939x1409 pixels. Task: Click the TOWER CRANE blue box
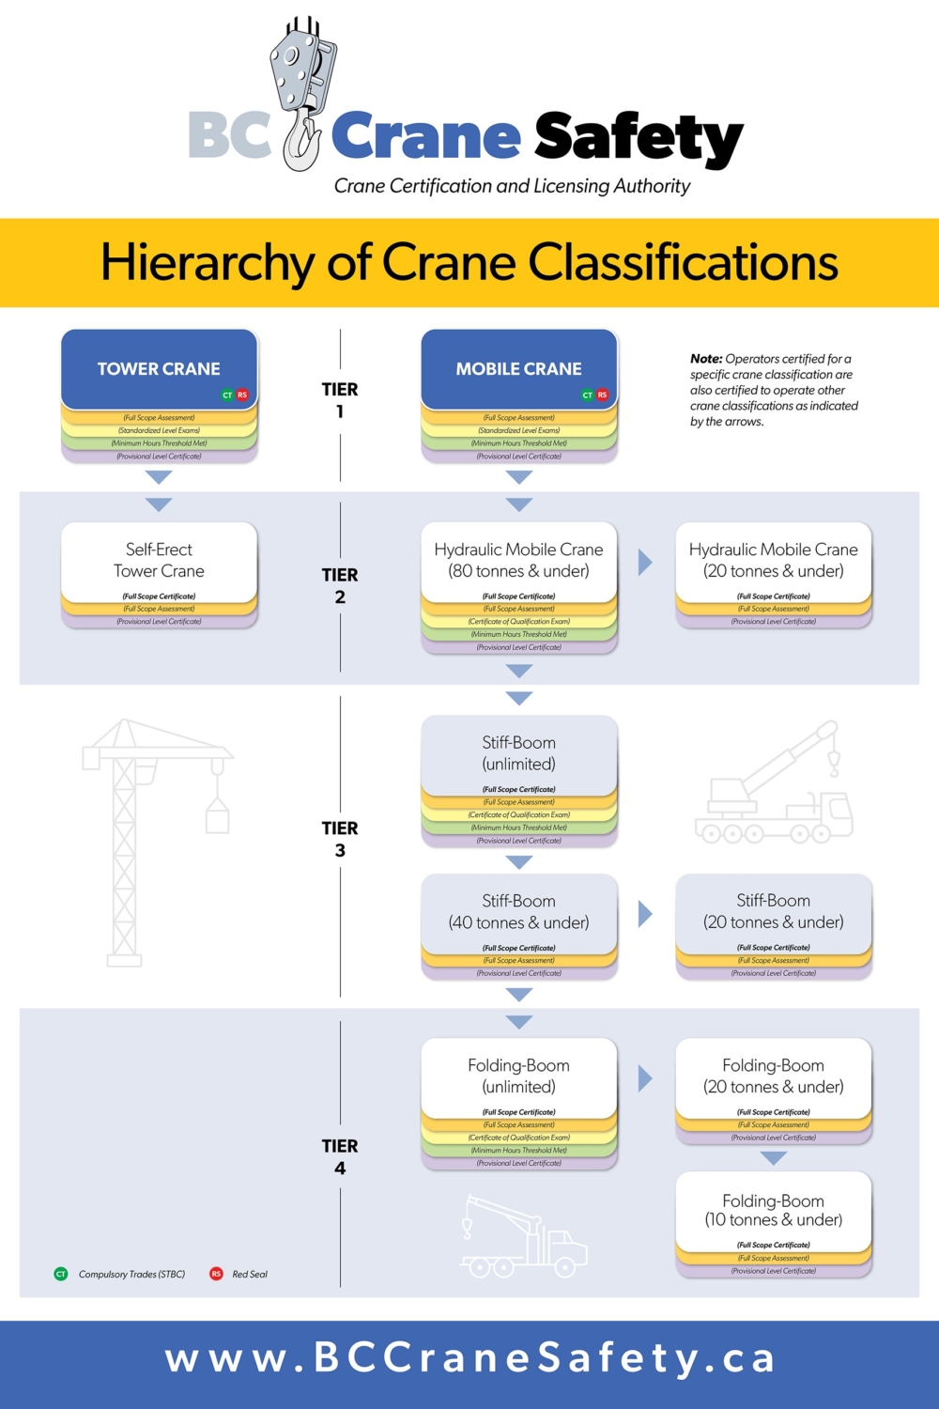(159, 368)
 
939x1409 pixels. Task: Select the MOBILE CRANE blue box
(518, 368)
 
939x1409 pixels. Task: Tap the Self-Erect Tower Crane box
(159, 561)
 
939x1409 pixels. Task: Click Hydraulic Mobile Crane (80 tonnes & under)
(518, 561)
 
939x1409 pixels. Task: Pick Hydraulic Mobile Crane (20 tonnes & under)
(773, 561)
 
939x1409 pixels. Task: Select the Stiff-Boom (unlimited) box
(518, 753)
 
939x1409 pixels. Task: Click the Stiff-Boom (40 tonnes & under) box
(518, 912)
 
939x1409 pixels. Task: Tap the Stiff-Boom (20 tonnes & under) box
(773, 912)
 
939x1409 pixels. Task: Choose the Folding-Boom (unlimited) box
(518, 1076)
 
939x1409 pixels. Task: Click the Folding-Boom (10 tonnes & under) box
(773, 1211)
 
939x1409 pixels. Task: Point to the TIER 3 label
(340, 839)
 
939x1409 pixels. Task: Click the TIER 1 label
(340, 400)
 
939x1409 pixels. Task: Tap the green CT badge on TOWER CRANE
(227, 395)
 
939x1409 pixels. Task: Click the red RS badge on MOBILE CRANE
(603, 395)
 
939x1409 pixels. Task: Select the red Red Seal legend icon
(216, 1275)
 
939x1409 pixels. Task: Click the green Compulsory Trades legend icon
(61, 1275)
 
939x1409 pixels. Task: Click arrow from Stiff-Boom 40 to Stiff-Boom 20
(645, 914)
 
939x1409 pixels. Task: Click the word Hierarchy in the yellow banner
(207, 263)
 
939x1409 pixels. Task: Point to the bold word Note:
(706, 359)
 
